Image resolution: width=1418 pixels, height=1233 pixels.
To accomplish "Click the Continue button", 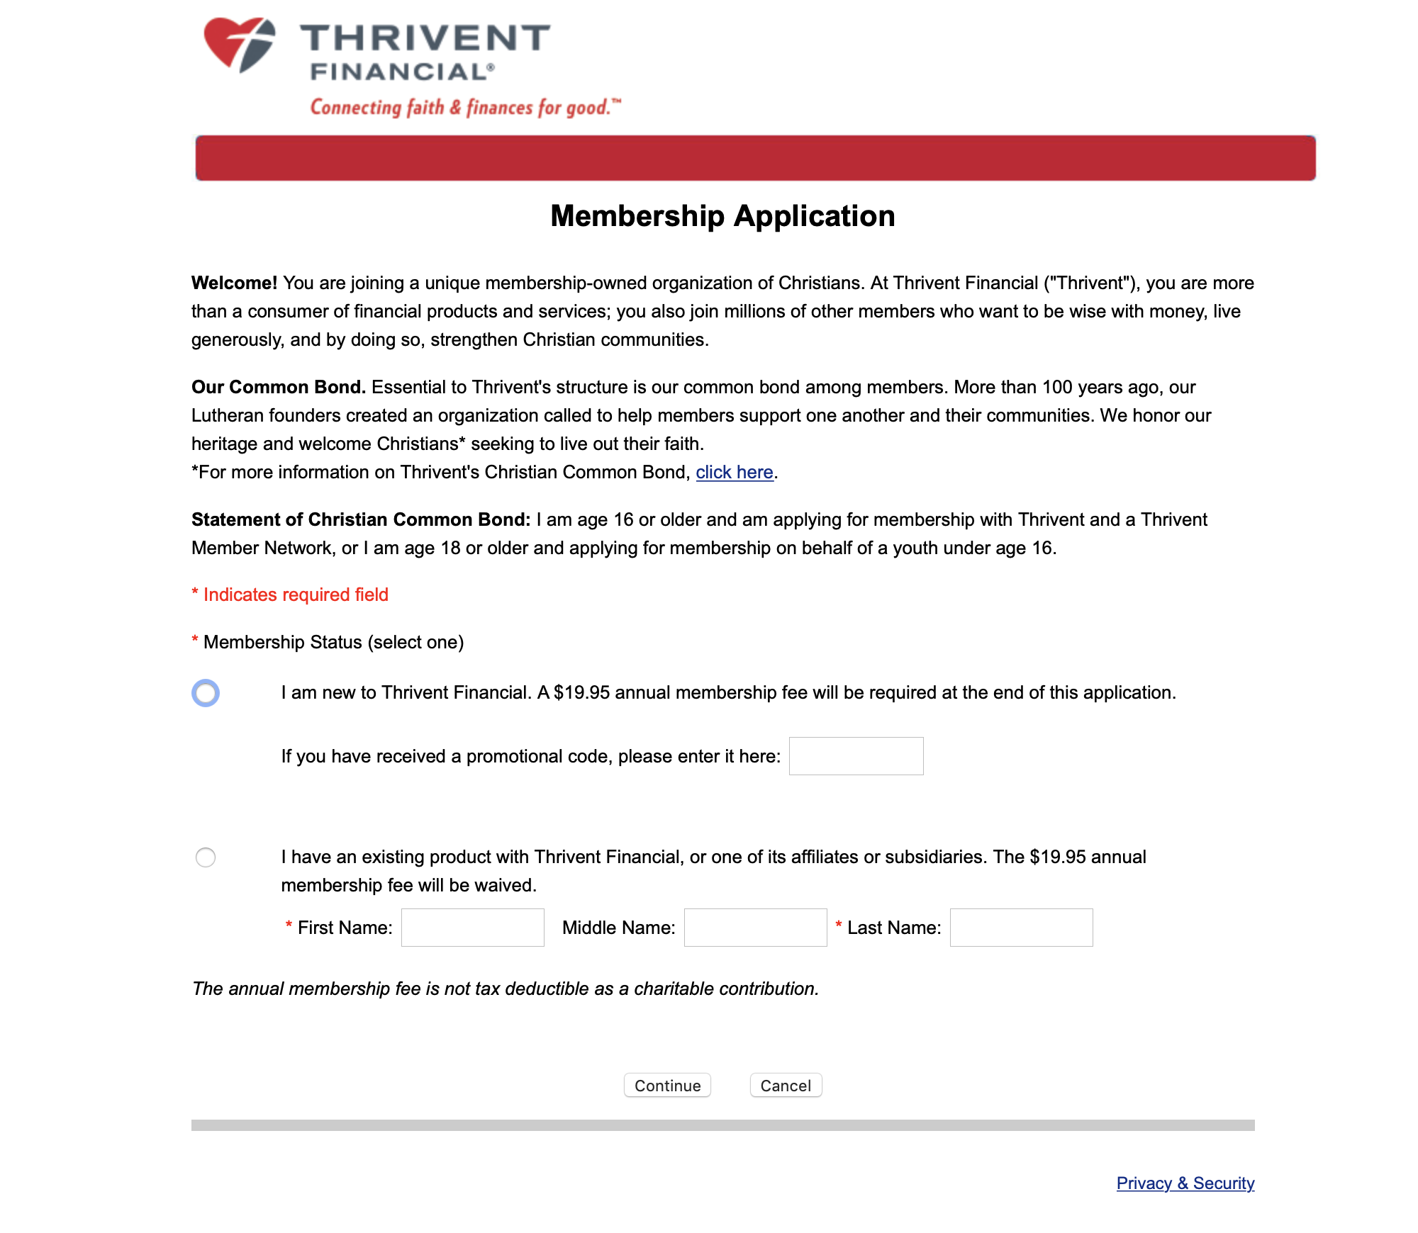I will tap(667, 1086).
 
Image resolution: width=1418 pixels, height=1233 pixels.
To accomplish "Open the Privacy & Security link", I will tap(1185, 1183).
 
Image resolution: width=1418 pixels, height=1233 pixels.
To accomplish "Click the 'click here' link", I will tap(734, 473).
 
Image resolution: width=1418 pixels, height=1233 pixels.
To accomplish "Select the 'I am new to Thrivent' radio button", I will tap(206, 693).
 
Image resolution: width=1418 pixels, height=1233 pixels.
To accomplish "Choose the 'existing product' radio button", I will tap(206, 857).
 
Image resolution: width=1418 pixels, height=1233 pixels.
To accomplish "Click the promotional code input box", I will tap(856, 756).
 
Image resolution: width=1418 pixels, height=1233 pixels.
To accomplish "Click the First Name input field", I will tap(472, 928).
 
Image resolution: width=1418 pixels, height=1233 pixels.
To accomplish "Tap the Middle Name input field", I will tap(755, 928).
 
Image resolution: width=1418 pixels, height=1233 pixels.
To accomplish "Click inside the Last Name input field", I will tap(1021, 928).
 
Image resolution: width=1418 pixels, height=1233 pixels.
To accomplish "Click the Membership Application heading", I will tap(722, 216).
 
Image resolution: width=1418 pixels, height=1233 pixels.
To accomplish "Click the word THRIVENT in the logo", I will tap(425, 38).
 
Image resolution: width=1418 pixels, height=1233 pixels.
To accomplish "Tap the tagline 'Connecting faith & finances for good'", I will tap(465, 108).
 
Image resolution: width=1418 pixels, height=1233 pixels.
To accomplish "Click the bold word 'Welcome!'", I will tap(234, 283).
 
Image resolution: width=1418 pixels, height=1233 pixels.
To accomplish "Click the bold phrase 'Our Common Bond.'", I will tap(278, 388).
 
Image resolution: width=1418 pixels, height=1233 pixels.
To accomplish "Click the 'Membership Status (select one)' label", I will tap(333, 643).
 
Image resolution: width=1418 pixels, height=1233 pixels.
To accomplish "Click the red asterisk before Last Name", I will tap(839, 925).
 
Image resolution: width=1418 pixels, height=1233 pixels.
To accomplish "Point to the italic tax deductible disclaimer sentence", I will tap(505, 989).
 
